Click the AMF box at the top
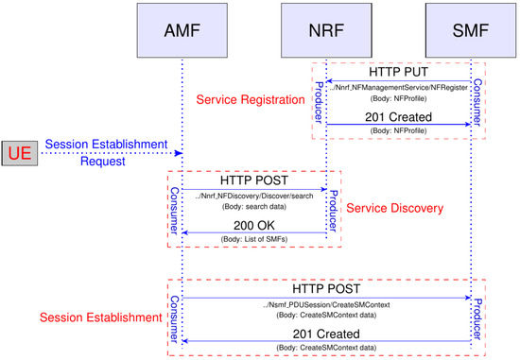[183, 28]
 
